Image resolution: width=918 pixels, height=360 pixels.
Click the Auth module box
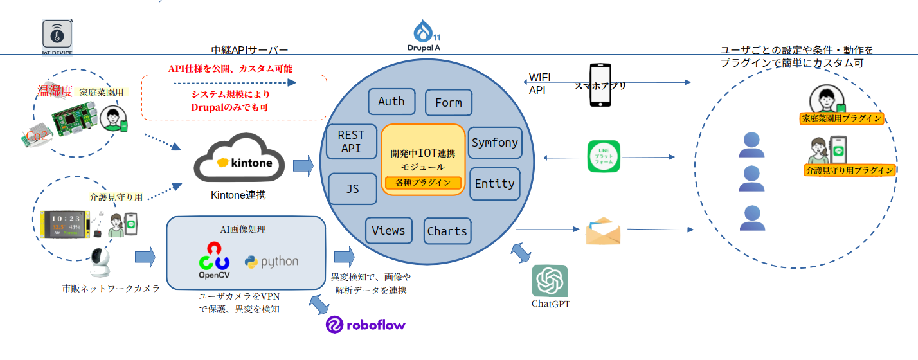point(391,102)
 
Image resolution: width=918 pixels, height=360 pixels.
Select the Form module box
point(448,103)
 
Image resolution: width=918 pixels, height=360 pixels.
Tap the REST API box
point(350,142)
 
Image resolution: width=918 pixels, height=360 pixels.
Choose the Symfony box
point(494,143)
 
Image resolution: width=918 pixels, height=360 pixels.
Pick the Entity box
point(494,184)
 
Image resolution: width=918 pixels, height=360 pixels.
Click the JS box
point(352,189)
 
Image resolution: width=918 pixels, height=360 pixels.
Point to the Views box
point(388,231)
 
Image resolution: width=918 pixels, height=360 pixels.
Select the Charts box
point(447,231)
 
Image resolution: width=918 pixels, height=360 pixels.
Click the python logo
point(271,262)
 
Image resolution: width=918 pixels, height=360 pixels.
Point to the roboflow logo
point(366,325)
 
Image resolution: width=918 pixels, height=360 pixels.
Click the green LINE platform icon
point(604,156)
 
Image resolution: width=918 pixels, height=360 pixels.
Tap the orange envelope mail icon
point(603,231)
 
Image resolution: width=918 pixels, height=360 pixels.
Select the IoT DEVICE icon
point(57,38)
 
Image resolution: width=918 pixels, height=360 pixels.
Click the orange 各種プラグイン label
point(423,183)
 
